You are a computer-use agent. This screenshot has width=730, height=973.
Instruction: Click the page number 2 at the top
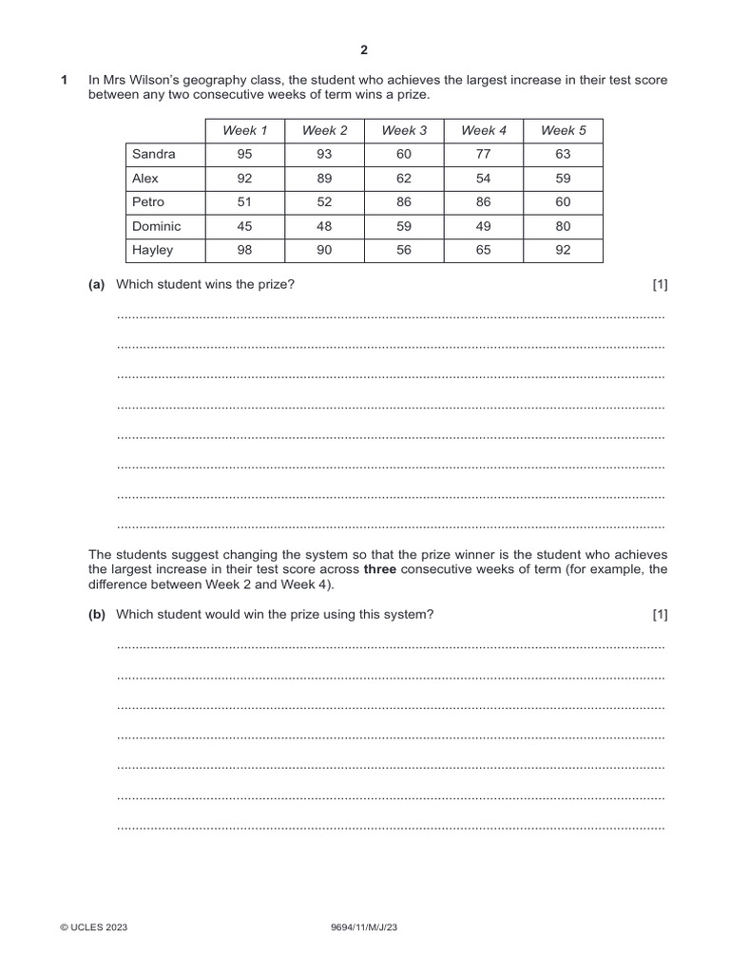point(364,49)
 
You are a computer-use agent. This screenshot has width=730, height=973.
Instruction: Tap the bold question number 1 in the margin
point(65,81)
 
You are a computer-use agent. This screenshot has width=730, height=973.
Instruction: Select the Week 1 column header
point(244,130)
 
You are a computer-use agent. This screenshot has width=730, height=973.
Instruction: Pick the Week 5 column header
point(563,130)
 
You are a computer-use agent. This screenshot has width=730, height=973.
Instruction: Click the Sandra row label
point(154,154)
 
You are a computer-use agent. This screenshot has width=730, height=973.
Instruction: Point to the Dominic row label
point(157,226)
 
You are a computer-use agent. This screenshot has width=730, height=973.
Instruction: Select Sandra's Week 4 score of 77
point(483,154)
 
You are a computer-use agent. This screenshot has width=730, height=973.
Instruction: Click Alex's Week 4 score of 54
point(483,178)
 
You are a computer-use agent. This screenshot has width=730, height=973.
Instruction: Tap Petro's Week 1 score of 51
point(244,202)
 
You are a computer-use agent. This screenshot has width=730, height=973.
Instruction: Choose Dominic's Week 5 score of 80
point(563,226)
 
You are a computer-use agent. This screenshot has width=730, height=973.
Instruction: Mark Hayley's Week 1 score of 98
point(244,250)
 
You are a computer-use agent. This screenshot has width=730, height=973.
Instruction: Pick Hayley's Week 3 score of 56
point(404,250)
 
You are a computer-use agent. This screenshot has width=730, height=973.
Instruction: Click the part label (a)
point(97,284)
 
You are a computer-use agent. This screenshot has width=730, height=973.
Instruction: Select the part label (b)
point(97,615)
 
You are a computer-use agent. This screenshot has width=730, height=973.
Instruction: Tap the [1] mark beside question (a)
point(660,284)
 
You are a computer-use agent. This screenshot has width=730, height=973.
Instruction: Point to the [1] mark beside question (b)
point(660,615)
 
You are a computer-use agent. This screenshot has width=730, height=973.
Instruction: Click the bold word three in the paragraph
point(380,570)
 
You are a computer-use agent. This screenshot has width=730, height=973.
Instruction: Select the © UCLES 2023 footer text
point(93,927)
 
